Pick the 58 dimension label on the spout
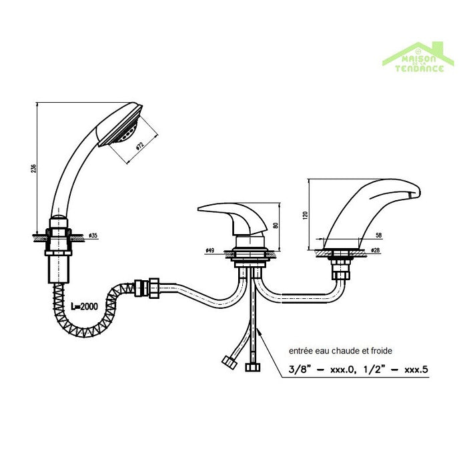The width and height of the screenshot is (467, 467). (x=378, y=236)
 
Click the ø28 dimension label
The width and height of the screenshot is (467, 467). (x=376, y=251)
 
